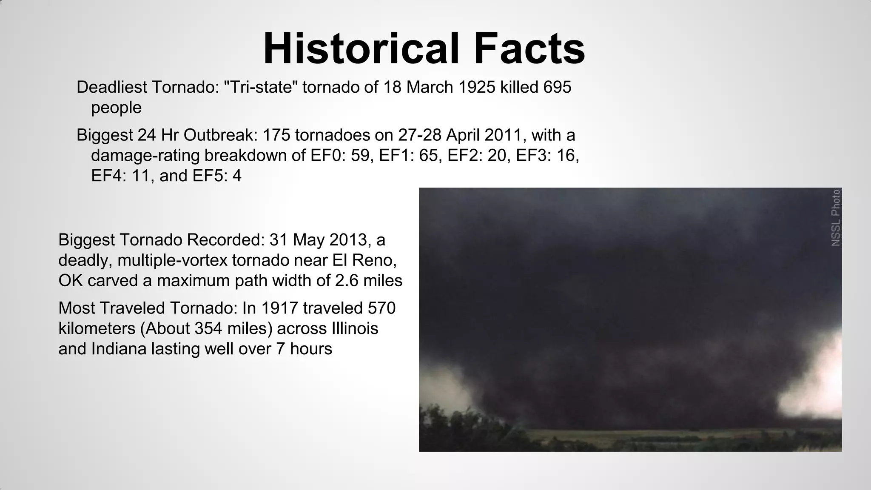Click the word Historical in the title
tap(361, 48)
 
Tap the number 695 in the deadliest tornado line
tap(557, 87)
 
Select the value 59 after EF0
tap(360, 156)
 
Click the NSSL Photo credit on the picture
tap(836, 218)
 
